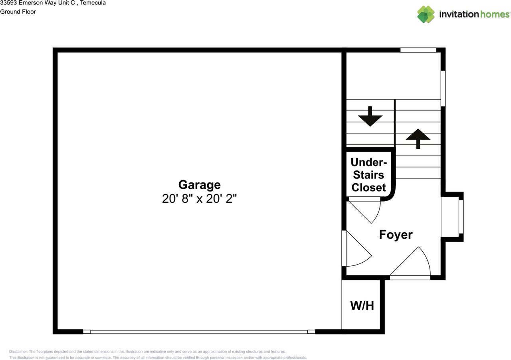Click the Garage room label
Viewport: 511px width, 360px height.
tap(199, 185)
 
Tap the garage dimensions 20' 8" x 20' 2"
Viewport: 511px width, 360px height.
tap(199, 199)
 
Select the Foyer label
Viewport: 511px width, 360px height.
tap(396, 235)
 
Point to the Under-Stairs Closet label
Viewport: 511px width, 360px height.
tap(368, 175)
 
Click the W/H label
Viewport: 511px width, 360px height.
tap(362, 306)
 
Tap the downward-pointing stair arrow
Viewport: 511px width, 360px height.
tap(370, 117)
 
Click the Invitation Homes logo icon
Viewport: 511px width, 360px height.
tap(426, 14)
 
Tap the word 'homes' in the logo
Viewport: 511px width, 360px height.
tap(495, 14)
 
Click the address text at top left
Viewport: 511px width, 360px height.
tap(53, 3)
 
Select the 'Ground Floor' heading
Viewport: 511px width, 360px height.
tap(18, 12)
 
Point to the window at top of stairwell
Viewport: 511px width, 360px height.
tap(418, 50)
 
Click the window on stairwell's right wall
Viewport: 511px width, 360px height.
tap(443, 88)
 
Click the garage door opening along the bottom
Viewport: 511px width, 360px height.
tap(199, 332)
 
